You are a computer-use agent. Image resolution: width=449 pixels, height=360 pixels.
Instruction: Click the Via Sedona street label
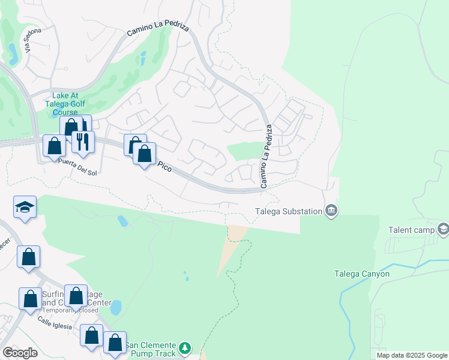28,41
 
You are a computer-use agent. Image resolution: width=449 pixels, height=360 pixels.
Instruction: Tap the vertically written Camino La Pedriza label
265,156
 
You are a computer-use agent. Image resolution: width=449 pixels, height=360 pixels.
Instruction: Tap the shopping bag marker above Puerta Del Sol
54,146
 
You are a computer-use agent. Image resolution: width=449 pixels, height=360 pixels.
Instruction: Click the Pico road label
164,167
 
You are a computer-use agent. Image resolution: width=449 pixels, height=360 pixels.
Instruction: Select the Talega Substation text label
288,211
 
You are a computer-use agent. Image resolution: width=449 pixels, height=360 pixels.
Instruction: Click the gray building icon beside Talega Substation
331,211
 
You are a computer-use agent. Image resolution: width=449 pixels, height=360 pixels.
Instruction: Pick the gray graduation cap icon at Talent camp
443,229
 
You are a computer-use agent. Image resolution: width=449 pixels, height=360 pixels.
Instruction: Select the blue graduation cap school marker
25,207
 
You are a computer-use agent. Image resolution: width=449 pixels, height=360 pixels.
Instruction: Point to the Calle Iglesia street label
55,324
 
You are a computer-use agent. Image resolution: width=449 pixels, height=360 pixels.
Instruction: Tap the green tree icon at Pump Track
185,348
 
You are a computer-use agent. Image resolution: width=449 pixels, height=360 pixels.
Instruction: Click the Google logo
20,353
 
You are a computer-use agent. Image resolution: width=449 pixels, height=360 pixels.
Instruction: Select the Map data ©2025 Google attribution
411,355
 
